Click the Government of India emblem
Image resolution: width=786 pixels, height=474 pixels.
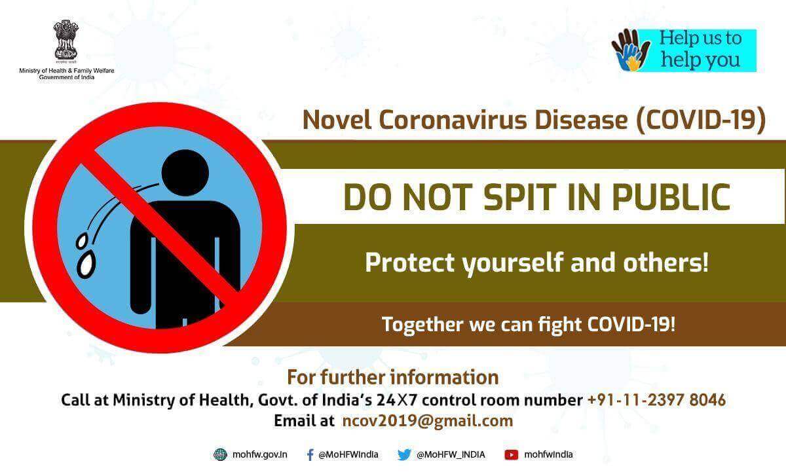[x=66, y=40]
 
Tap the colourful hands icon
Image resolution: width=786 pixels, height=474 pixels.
[x=631, y=50]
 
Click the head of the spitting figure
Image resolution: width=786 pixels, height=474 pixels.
[x=185, y=173]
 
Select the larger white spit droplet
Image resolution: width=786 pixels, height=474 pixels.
[x=85, y=265]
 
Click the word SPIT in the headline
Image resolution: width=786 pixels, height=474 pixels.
[x=519, y=197]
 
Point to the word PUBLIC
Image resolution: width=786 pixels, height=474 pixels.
[x=671, y=197]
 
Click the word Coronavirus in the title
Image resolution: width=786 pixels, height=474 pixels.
[x=453, y=120]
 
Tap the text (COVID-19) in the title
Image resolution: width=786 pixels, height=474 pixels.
[x=701, y=120]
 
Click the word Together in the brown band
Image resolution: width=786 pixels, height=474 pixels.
[x=422, y=325]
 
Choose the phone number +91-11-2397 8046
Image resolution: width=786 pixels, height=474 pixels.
[x=656, y=400]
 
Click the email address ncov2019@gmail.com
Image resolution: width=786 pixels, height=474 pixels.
[x=427, y=422]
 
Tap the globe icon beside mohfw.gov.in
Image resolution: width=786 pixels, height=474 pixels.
[x=220, y=455]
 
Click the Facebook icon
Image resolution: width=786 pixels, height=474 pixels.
[x=310, y=455]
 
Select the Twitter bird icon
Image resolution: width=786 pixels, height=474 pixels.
[x=404, y=455]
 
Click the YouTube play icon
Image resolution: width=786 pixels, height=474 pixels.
[x=512, y=455]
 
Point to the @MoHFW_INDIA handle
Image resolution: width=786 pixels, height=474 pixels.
[x=451, y=455]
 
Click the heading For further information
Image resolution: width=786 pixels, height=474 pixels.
[x=392, y=378]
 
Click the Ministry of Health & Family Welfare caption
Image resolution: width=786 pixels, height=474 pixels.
[x=67, y=74]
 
